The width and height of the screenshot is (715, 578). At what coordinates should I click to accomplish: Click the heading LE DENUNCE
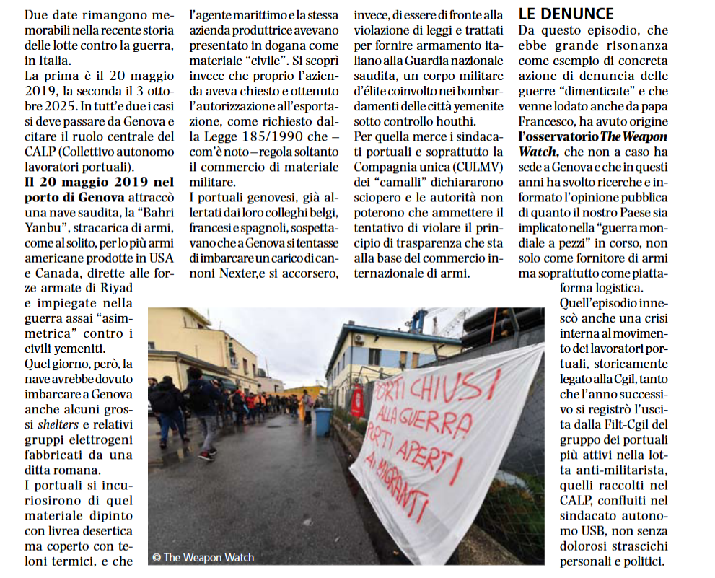coord(566,14)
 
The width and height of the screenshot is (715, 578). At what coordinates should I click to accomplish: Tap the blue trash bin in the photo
coord(323,421)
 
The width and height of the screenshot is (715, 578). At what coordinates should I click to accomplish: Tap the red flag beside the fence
coord(357,400)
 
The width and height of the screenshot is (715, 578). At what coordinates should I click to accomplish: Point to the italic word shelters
coord(58,424)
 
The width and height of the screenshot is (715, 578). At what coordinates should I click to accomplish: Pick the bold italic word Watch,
coord(538,152)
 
